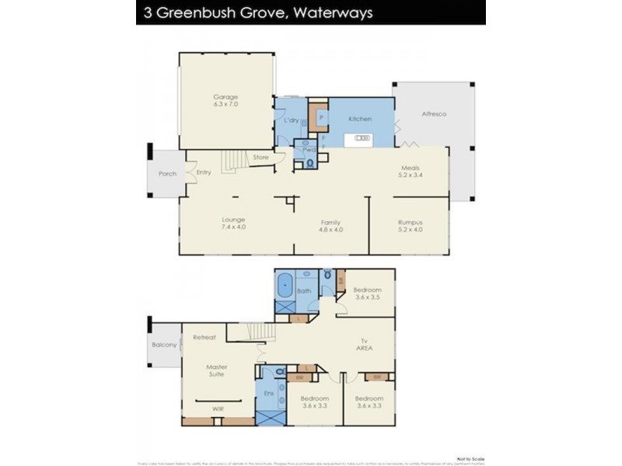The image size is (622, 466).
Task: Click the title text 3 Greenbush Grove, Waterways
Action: click(x=257, y=12)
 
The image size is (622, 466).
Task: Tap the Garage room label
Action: click(x=225, y=97)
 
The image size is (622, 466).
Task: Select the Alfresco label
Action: click(x=434, y=113)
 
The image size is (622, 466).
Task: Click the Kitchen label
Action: click(x=360, y=119)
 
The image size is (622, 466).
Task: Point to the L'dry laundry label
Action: click(x=292, y=120)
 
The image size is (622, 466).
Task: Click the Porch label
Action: click(x=167, y=173)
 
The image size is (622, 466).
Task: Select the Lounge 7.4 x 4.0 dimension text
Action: click(x=233, y=228)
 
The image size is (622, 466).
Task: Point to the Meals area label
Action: click(x=411, y=168)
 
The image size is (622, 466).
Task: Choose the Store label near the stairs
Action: click(x=260, y=158)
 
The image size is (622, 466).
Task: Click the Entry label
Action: click(x=204, y=172)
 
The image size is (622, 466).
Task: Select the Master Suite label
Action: click(x=215, y=370)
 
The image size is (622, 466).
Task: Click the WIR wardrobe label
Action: click(x=219, y=407)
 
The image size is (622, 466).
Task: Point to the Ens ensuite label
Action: click(x=270, y=394)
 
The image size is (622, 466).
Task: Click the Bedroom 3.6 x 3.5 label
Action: click(x=368, y=293)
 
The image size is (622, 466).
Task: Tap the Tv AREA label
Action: click(x=365, y=344)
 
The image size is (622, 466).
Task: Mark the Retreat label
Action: click(x=204, y=337)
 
